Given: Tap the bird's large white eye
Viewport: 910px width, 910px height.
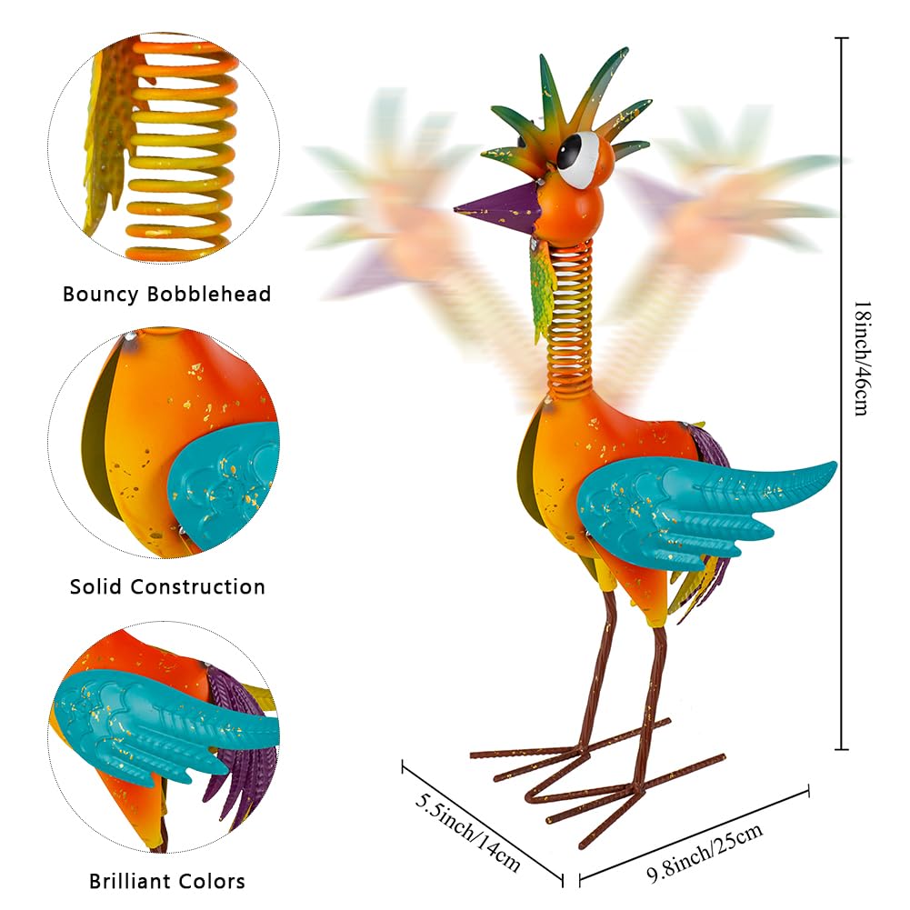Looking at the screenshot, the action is point(579,158).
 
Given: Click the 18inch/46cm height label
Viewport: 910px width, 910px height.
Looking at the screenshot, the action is point(861,358).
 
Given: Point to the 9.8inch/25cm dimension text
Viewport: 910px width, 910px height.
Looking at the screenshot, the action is point(704,853).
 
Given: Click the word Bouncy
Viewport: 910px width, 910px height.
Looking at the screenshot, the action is point(100,295).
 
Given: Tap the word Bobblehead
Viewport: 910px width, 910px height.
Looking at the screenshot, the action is point(209,294).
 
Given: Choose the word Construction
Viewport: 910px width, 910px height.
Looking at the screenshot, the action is point(198,586).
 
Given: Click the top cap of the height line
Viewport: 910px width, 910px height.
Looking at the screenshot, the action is point(842,37).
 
